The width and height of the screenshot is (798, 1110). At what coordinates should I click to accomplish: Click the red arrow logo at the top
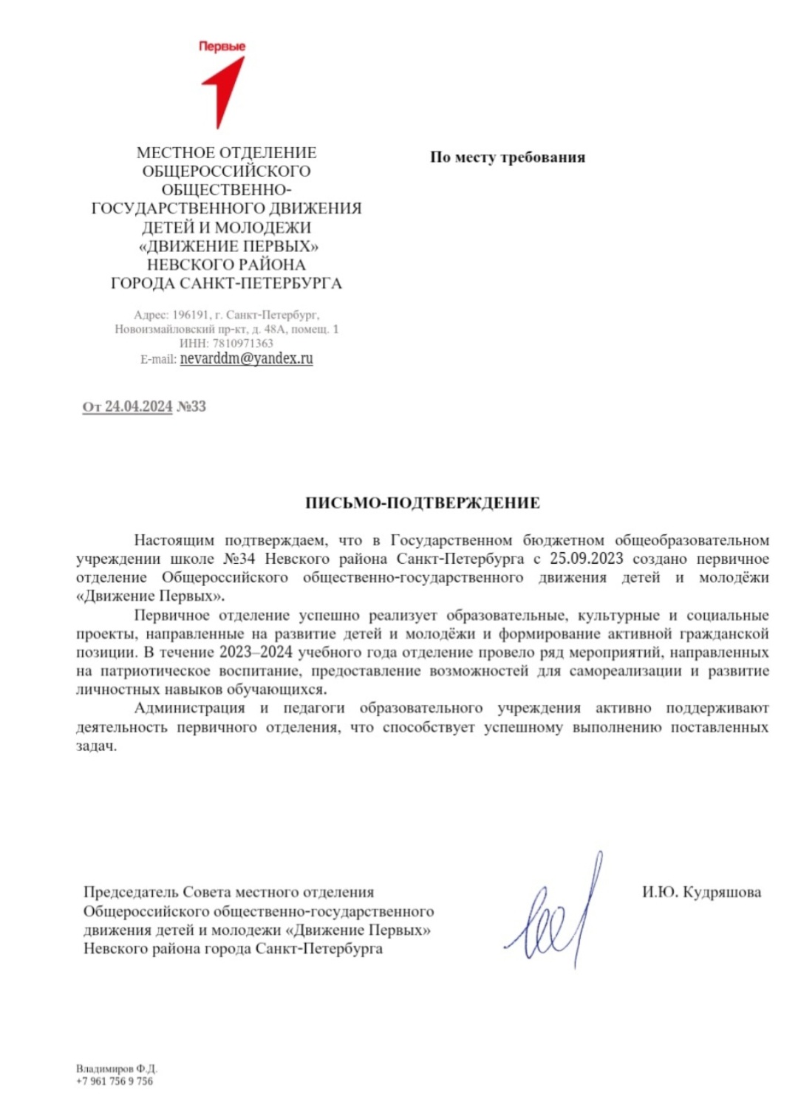224,89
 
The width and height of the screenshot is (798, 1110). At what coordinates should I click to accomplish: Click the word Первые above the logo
222,46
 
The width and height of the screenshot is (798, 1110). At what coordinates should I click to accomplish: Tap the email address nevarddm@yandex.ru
246,358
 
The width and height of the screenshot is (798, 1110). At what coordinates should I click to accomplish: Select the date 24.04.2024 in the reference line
138,406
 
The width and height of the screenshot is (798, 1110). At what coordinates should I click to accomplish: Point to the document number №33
191,406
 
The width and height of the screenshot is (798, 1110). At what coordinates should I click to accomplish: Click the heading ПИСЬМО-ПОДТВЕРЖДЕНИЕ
423,503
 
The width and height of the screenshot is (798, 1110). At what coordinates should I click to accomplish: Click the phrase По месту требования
508,157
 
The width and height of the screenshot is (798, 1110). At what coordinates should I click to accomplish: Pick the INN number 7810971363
242,343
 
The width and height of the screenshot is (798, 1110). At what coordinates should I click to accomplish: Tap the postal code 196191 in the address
191,315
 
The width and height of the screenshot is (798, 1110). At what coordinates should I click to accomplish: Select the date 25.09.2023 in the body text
586,559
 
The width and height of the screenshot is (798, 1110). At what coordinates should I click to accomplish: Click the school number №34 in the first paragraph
239,559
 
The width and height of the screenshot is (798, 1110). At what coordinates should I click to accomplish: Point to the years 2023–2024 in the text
256,652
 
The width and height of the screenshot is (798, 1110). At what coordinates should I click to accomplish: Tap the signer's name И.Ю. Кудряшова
701,892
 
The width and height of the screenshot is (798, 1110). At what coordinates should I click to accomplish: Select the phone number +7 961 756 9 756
115,1081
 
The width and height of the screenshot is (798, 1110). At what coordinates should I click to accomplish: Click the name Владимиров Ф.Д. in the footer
117,1069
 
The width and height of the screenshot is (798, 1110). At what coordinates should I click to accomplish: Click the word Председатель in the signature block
131,892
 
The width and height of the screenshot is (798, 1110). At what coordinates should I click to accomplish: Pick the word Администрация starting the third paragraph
189,708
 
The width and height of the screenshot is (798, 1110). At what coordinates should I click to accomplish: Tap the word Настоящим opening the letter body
174,540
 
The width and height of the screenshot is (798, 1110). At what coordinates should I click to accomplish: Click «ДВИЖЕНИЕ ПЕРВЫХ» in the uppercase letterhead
228,246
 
